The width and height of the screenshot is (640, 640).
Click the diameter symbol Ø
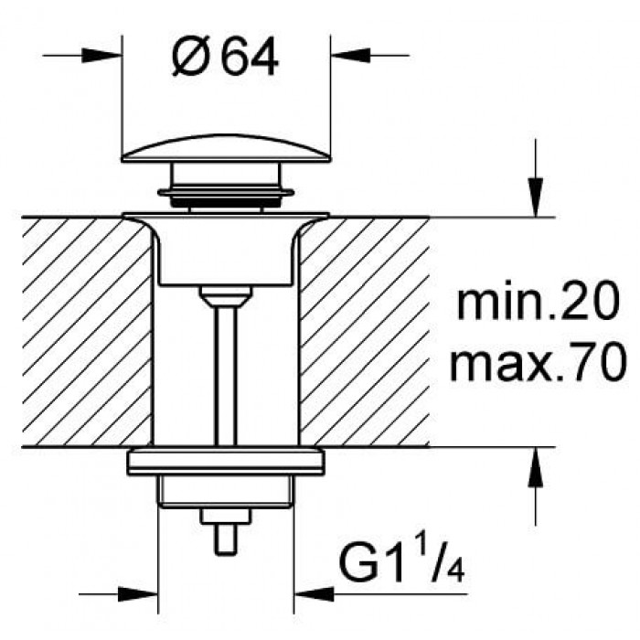[x=189, y=59]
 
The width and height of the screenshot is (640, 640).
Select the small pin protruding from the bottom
[x=226, y=539]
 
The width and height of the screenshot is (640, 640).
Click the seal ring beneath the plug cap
[x=226, y=191]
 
